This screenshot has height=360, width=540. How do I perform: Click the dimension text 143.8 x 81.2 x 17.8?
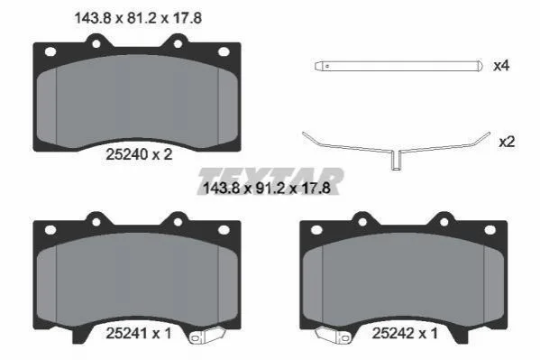[138, 18]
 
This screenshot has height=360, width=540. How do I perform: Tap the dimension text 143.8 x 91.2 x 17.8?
[267, 189]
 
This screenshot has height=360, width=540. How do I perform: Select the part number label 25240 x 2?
[139, 154]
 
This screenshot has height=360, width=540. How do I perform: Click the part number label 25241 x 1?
[139, 333]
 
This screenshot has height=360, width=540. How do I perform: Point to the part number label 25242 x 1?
[405, 333]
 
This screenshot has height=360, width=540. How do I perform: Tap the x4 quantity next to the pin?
[501, 66]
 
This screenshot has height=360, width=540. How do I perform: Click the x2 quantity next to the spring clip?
[507, 142]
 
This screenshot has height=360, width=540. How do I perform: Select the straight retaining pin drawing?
[398, 66]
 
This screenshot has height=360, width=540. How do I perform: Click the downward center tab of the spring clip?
[396, 161]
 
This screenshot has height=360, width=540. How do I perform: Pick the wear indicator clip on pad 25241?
[207, 336]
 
